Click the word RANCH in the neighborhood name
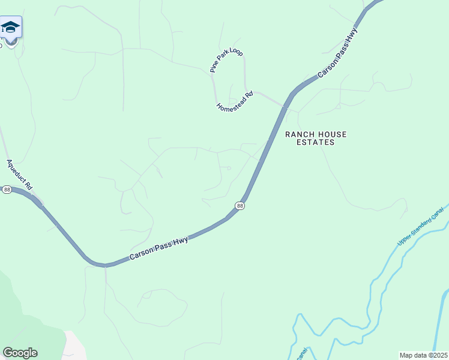[x=298, y=134]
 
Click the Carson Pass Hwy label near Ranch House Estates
[x=337, y=52]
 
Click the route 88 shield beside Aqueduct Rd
[x=7, y=190]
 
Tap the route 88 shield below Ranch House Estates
[x=240, y=206]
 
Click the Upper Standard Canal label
[x=420, y=226]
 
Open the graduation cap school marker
[x=10, y=27]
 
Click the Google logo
[x=20, y=353]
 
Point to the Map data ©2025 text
[x=424, y=355]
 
